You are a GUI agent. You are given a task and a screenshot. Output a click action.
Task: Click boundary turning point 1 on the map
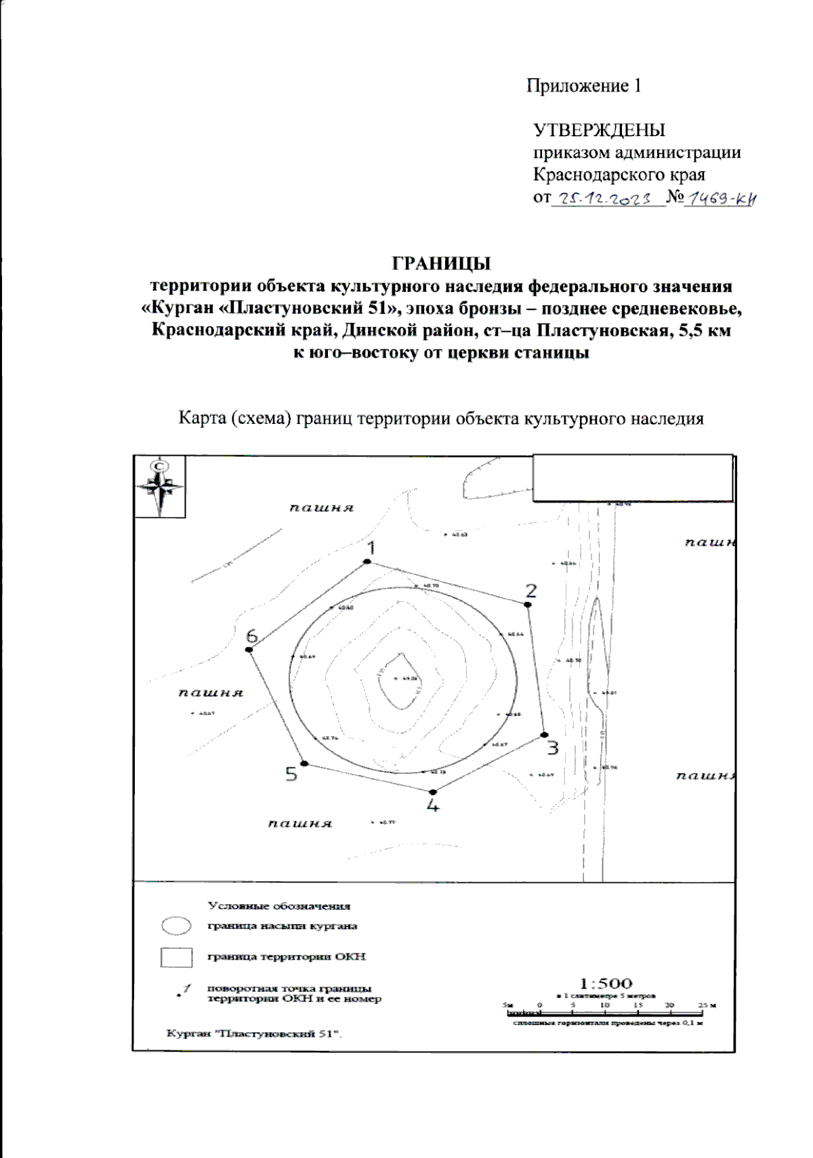(x=367, y=561)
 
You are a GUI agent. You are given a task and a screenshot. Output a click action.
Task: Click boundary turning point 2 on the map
(x=528, y=605)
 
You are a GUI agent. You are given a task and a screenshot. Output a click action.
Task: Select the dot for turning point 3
(x=544, y=735)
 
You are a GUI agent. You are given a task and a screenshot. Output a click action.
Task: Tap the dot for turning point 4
(x=433, y=792)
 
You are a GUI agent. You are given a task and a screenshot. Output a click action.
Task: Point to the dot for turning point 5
(x=304, y=763)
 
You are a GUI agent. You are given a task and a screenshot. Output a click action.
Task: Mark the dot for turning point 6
(x=249, y=649)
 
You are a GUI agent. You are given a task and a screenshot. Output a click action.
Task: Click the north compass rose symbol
(x=160, y=486)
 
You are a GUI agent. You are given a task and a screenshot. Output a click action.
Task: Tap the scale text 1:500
(x=606, y=983)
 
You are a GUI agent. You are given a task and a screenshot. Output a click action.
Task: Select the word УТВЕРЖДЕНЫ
(x=600, y=130)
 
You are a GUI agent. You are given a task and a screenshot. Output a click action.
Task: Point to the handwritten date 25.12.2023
(x=608, y=198)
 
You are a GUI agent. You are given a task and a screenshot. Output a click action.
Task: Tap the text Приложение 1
(x=584, y=86)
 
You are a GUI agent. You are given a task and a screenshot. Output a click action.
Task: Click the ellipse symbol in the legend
(x=175, y=925)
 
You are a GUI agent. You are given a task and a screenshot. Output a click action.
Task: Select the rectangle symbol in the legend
(x=175, y=957)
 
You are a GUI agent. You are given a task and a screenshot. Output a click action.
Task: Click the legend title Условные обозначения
(x=279, y=905)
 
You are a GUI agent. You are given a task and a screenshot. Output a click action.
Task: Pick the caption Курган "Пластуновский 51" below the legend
(x=255, y=1033)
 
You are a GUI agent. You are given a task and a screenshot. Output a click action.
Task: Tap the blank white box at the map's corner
(x=633, y=478)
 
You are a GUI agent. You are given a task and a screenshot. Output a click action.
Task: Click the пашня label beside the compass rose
(x=322, y=508)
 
